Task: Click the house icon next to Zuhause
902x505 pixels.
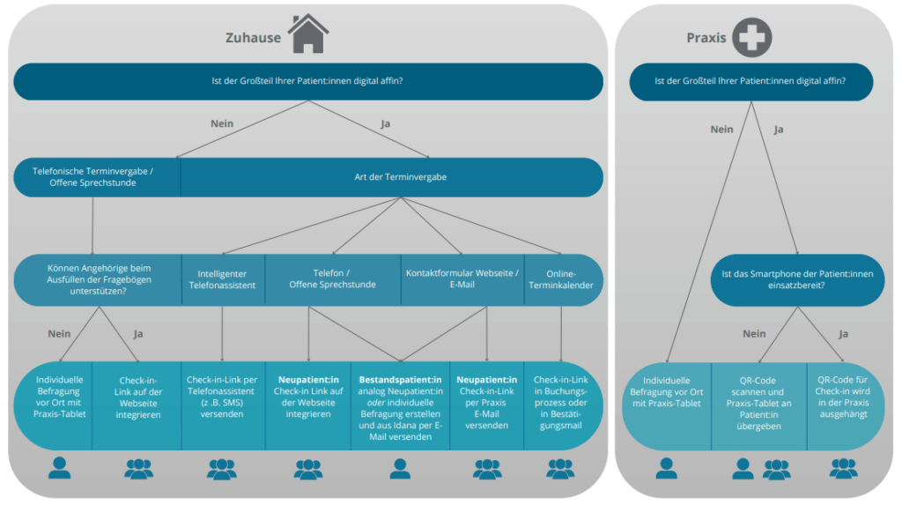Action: point(307,34)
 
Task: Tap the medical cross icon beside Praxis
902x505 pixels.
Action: point(751,37)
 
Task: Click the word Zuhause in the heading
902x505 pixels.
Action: point(253,38)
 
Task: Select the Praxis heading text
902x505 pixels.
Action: point(706,38)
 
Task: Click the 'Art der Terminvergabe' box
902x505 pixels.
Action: point(400,177)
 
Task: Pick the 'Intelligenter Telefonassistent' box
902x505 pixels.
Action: point(222,279)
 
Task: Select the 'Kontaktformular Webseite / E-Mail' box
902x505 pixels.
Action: point(462,278)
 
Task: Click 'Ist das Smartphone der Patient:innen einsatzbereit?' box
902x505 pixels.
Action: point(797,279)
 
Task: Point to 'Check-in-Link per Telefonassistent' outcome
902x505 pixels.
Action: point(222,397)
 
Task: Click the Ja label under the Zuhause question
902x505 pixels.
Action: point(385,123)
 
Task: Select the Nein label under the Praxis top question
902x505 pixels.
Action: point(721,130)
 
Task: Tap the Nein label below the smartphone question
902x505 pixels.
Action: point(754,334)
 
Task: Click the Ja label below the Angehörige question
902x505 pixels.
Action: point(137,334)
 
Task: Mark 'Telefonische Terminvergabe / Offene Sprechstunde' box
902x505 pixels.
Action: point(92,177)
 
